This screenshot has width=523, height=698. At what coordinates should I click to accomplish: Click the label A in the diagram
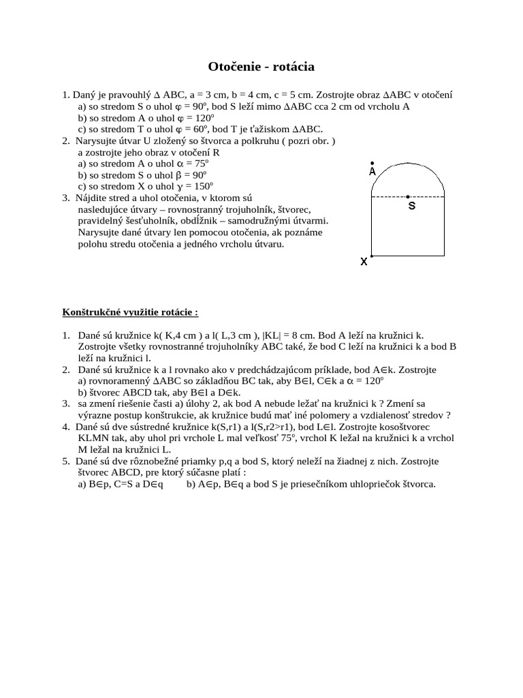(x=373, y=172)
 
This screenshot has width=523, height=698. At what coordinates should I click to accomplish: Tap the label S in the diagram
(x=411, y=205)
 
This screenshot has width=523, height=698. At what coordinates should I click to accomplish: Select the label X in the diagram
(x=364, y=261)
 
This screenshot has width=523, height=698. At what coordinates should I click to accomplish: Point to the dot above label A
(x=372, y=163)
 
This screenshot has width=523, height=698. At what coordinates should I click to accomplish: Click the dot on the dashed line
(x=409, y=196)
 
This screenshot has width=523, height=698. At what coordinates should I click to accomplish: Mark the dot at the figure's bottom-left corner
(x=371, y=256)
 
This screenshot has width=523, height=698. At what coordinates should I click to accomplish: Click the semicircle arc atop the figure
(x=408, y=164)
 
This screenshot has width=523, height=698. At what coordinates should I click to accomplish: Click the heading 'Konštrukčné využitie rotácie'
(x=130, y=312)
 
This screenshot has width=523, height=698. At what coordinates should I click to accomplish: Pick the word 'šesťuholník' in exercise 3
(x=154, y=222)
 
